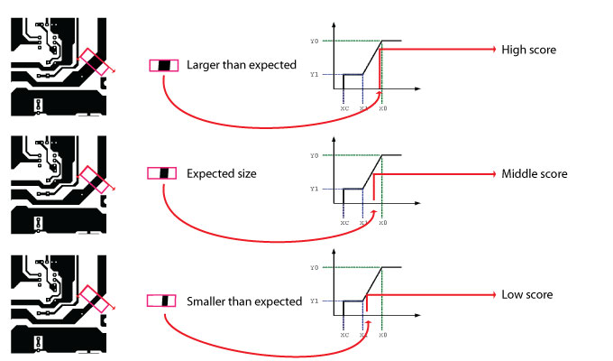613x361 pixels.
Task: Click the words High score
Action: [x=528, y=50]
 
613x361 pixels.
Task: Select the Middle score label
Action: [x=535, y=173]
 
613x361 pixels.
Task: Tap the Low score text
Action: [x=527, y=295]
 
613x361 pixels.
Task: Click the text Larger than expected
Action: [x=242, y=65]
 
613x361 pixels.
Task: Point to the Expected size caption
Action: [x=222, y=172]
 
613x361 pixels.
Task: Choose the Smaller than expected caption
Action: [x=243, y=301]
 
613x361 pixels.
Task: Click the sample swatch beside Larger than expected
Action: [x=163, y=65]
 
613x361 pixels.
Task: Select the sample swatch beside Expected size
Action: [x=163, y=172]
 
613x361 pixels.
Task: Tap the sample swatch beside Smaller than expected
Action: [x=163, y=301]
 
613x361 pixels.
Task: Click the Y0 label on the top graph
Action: [x=314, y=42]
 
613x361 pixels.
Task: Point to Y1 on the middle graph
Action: [x=314, y=189]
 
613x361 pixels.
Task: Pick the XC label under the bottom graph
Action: [x=344, y=334]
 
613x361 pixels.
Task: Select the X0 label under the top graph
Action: [x=382, y=108]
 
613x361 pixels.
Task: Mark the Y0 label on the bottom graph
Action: [x=314, y=268]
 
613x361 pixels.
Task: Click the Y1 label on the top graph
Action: [x=314, y=75]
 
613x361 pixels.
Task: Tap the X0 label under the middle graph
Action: [x=382, y=222]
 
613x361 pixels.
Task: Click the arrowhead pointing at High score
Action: [x=492, y=50]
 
